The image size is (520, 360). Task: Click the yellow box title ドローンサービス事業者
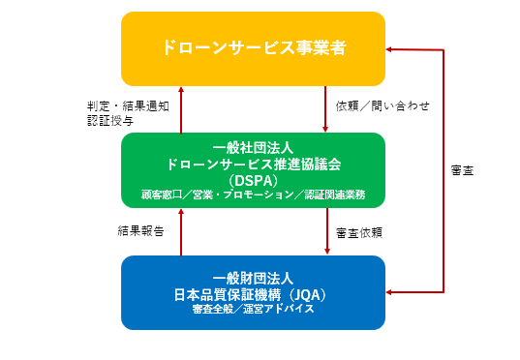254,46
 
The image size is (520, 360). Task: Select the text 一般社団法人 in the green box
254,148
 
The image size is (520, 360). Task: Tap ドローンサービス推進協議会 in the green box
254,164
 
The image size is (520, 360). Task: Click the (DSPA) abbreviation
254,180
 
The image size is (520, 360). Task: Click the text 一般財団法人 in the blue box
254,276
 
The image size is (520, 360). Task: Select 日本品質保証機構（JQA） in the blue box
254,292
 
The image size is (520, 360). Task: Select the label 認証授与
105,121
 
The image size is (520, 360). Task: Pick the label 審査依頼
359,232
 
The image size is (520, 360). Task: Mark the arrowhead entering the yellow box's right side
391,48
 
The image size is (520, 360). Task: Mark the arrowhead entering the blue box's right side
391,291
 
